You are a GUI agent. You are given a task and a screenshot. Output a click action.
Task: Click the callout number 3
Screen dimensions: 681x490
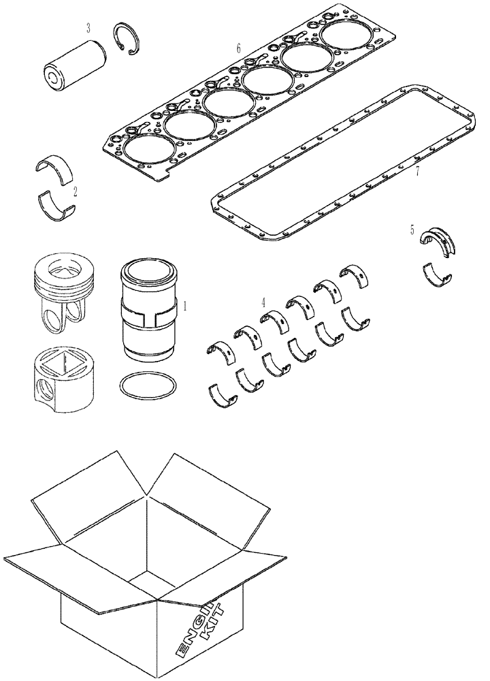88,28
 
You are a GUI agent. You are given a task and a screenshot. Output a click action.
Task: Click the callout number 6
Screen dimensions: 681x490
238,48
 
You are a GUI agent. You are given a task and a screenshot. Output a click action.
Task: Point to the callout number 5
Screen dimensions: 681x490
412,231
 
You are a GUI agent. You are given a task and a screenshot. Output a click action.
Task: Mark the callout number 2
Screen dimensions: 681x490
75,191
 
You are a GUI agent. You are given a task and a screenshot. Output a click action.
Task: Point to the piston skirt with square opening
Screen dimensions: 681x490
62,379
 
